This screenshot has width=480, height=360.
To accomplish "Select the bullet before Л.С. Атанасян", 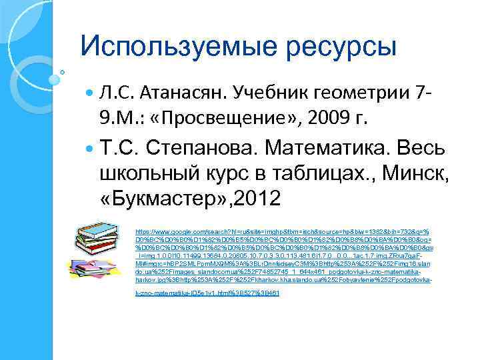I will [90, 94].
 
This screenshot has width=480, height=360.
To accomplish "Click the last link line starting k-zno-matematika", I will [207, 293].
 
